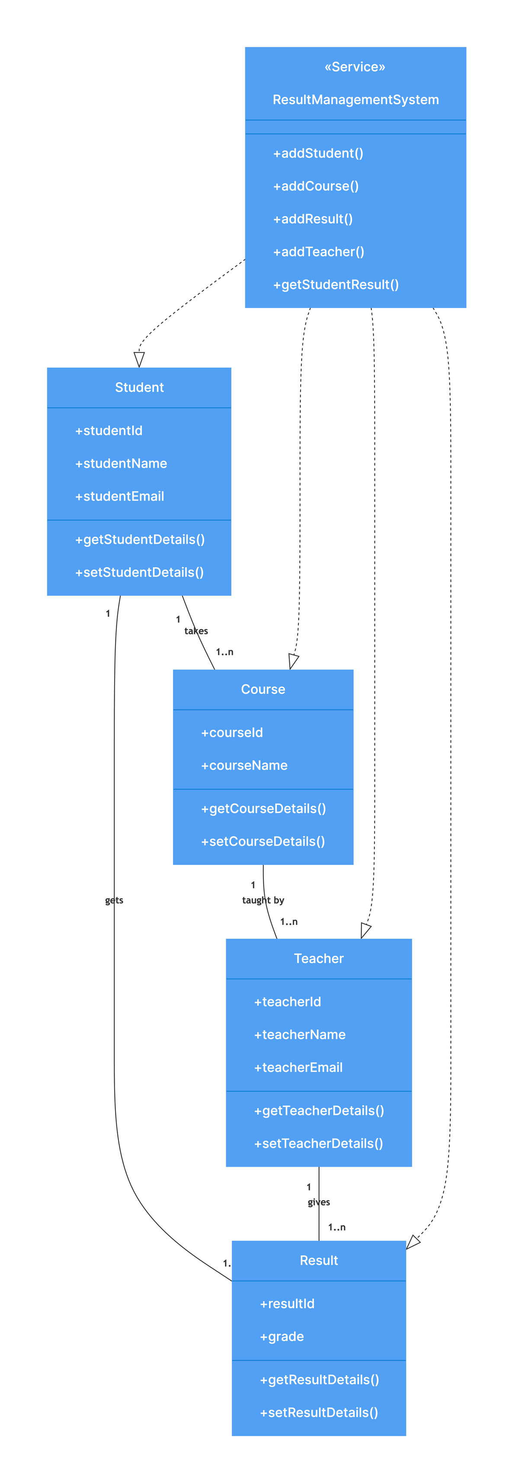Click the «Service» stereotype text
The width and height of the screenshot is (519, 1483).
coord(355,67)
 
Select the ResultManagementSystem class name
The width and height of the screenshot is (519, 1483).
coord(355,100)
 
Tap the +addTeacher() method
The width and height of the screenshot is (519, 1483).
coord(318,252)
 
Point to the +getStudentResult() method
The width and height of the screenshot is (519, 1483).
coord(336,284)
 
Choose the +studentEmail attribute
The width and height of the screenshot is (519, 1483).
coord(120,496)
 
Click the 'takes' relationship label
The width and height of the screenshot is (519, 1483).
coord(195,630)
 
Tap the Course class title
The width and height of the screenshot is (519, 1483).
coord(263,689)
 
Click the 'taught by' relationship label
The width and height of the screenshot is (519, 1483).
coord(263,900)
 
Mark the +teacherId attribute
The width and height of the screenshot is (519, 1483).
coord(287,1001)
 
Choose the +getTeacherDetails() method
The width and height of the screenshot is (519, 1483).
coord(319,1110)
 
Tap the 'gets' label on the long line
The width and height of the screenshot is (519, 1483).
coord(114,900)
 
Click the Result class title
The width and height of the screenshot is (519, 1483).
coord(318,1260)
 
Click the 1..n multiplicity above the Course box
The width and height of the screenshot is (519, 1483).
coord(224,652)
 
